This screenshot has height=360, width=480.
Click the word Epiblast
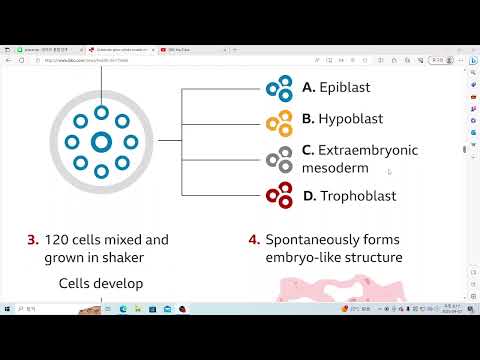click(x=344, y=88)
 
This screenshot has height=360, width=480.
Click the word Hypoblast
click(x=350, y=119)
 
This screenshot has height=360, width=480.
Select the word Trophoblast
click(x=357, y=196)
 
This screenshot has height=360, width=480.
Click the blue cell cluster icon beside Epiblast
click(x=278, y=88)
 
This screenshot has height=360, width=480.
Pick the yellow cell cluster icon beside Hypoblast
click(x=278, y=120)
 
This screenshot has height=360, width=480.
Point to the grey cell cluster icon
click(x=278, y=158)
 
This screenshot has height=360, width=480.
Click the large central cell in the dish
click(x=101, y=143)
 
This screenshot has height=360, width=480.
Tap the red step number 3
click(x=33, y=240)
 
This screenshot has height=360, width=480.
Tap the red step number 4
click(x=254, y=240)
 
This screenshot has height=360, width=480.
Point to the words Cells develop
click(x=100, y=284)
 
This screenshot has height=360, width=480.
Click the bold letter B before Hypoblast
click(x=308, y=119)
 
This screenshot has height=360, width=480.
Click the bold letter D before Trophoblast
click(x=309, y=196)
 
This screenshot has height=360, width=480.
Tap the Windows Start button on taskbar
click(x=8, y=309)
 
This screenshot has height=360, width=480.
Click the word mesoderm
click(x=335, y=168)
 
